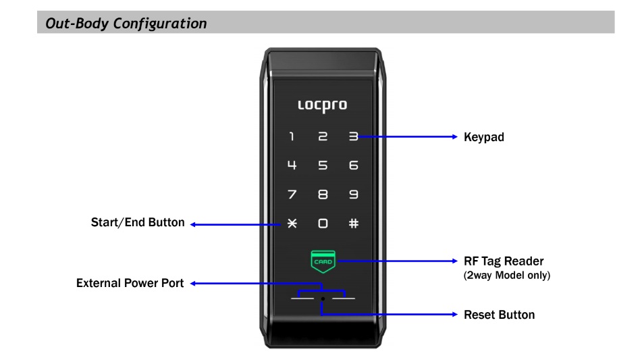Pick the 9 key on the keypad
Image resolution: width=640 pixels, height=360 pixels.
[353, 195]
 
